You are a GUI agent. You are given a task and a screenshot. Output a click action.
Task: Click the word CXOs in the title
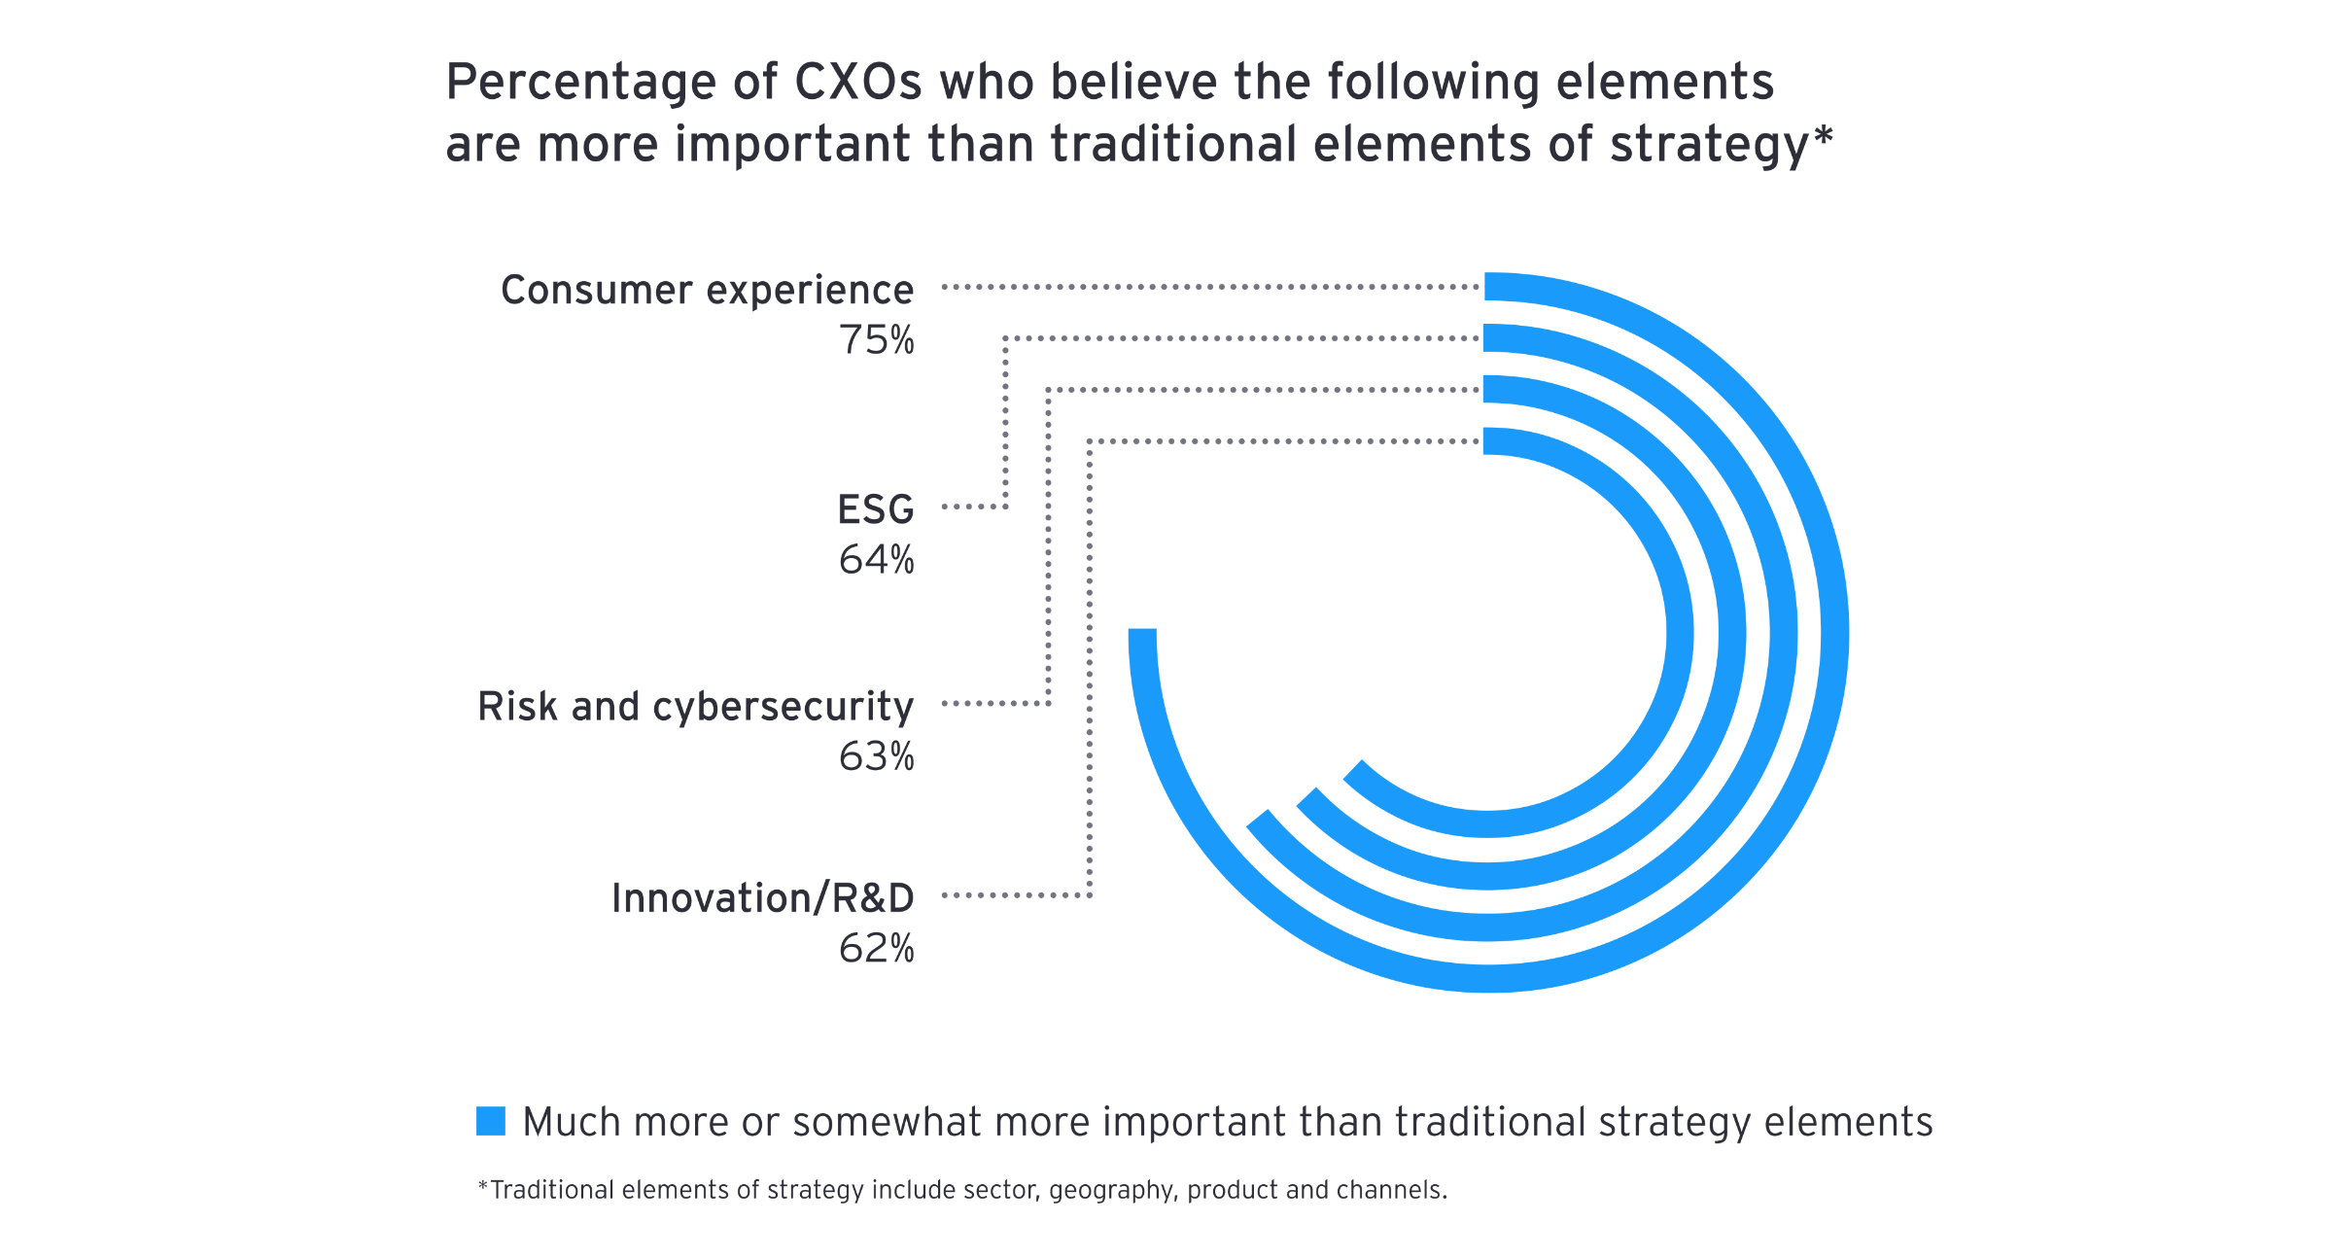point(857,83)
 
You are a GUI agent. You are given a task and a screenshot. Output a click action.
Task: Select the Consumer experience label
point(707,290)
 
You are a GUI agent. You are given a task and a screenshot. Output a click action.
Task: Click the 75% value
point(876,340)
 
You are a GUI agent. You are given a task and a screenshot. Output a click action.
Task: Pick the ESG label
point(875,509)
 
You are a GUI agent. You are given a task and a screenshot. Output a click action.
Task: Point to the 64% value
point(876,560)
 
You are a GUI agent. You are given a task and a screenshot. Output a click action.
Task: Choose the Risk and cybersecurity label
point(695,707)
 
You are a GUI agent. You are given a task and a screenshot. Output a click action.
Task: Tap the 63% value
point(876,756)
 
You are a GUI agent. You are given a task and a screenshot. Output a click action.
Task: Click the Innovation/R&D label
point(762,898)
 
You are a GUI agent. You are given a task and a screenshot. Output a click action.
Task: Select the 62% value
point(876,949)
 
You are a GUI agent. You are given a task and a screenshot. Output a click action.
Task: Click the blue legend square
point(491,1121)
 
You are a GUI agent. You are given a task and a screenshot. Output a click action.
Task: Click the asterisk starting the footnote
point(482,1187)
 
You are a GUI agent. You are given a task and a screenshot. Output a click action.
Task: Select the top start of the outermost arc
point(1493,287)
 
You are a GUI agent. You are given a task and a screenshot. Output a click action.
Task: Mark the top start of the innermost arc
point(1493,441)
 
